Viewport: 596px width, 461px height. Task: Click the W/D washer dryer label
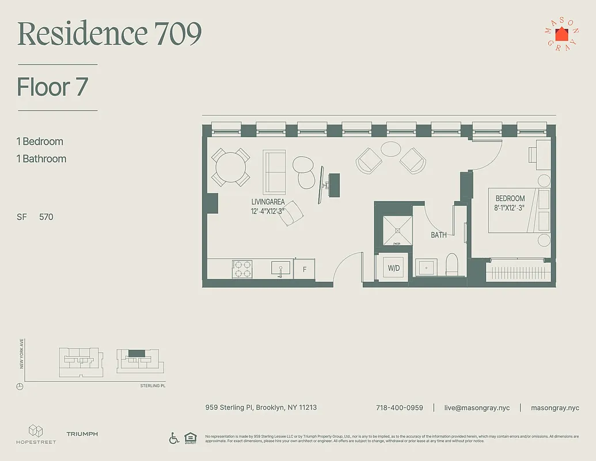tap(394, 268)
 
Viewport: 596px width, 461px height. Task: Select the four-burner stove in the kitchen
tap(242, 269)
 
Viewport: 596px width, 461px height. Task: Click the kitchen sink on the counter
tap(281, 268)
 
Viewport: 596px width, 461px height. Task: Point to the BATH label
tap(439, 235)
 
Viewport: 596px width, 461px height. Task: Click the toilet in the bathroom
tap(452, 264)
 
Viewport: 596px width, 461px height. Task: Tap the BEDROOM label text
tap(510, 198)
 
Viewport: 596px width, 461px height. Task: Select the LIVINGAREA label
tap(268, 202)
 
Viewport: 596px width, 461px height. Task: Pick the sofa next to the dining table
tap(274, 172)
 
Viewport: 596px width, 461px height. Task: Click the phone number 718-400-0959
tap(399, 407)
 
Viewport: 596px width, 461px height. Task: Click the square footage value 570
tap(46, 217)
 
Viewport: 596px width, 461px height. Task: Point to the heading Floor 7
tap(52, 87)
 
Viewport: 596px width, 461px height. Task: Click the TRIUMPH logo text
tap(82, 434)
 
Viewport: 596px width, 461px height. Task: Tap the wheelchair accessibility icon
tap(174, 438)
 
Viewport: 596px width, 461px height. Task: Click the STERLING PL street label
tap(153, 386)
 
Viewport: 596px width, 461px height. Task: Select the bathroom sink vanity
tap(427, 267)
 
